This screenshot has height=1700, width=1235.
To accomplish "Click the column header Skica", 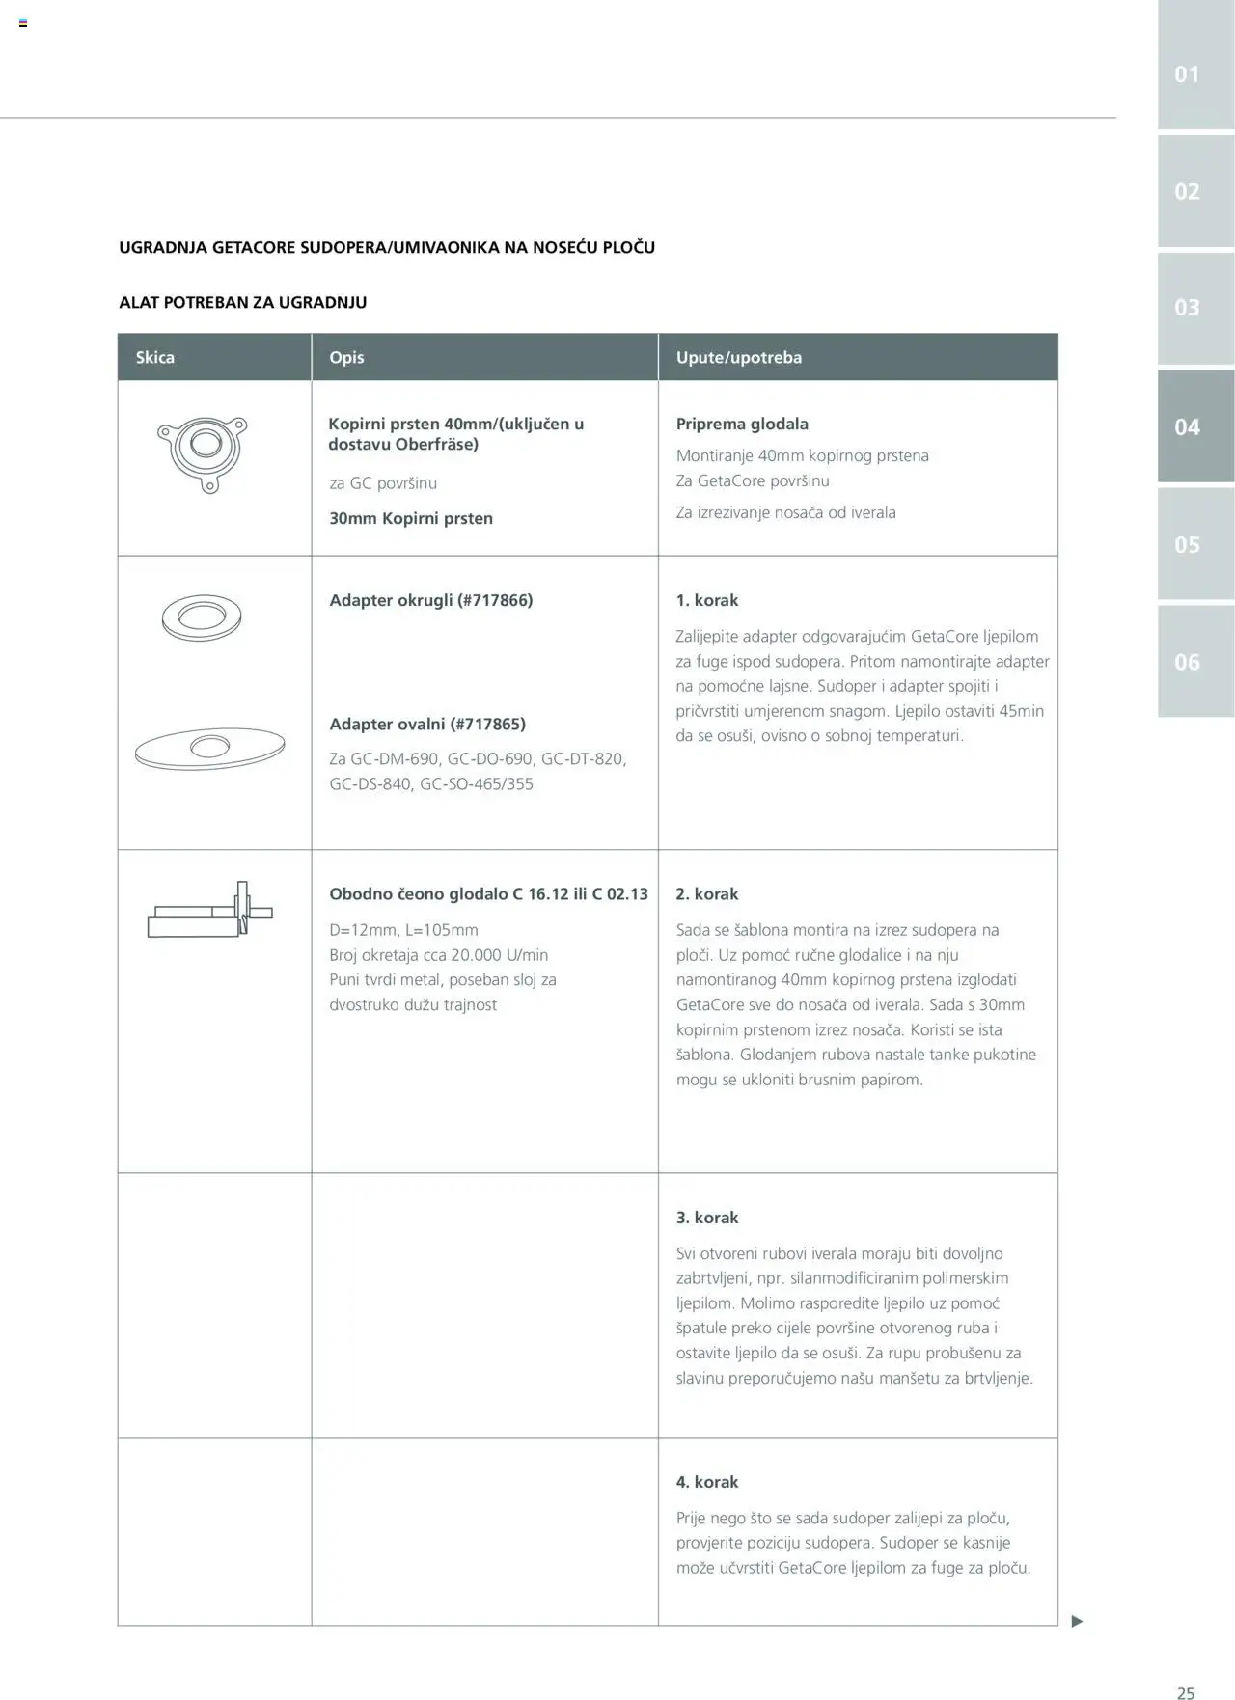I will pyautogui.click(x=155, y=357).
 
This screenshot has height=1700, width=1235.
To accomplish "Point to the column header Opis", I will pyautogui.click(x=346, y=357).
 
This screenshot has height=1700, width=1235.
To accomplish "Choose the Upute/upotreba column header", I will pyautogui.click(x=738, y=357).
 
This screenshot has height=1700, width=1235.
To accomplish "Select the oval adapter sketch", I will pyautogui.click(x=209, y=748).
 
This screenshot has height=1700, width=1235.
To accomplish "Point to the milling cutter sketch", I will pyautogui.click(x=210, y=911).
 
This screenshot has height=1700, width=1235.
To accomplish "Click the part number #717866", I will pyautogui.click(x=495, y=600).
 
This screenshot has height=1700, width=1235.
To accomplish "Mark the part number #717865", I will pyautogui.click(x=488, y=724).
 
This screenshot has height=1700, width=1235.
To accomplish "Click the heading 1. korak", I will pyautogui.click(x=707, y=600).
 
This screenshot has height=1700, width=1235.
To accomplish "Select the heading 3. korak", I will pyautogui.click(x=707, y=1218).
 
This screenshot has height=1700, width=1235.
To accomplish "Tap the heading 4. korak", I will pyautogui.click(x=707, y=1482).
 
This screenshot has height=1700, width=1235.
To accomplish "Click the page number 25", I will pyautogui.click(x=1186, y=1692).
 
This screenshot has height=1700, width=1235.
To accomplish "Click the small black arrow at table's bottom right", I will pyautogui.click(x=1077, y=1621).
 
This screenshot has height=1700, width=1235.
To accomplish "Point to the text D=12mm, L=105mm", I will pyautogui.click(x=403, y=930).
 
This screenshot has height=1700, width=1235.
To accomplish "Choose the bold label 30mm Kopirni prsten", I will pyautogui.click(x=411, y=518).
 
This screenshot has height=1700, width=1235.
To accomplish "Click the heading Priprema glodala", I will pyautogui.click(x=742, y=424).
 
